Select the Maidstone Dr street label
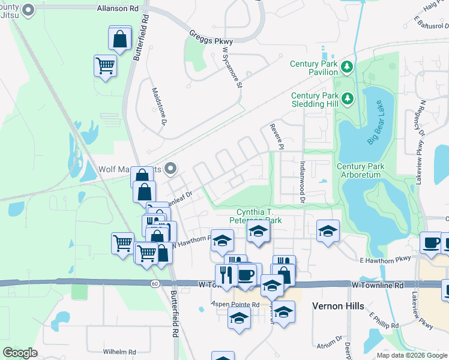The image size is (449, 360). coord(158,104)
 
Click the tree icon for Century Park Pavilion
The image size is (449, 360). coord(346,66)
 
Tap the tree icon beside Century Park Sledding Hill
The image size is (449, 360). coord(346,97)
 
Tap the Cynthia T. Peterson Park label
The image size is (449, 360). coord(258,216)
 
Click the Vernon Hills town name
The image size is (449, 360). coord(338,305)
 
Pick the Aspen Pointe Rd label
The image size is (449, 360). coord(235,304)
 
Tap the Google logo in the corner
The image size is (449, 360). coord(20,352)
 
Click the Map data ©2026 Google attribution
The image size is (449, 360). coord(411,355)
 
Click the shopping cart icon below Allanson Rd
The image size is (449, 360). coord(105,66)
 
